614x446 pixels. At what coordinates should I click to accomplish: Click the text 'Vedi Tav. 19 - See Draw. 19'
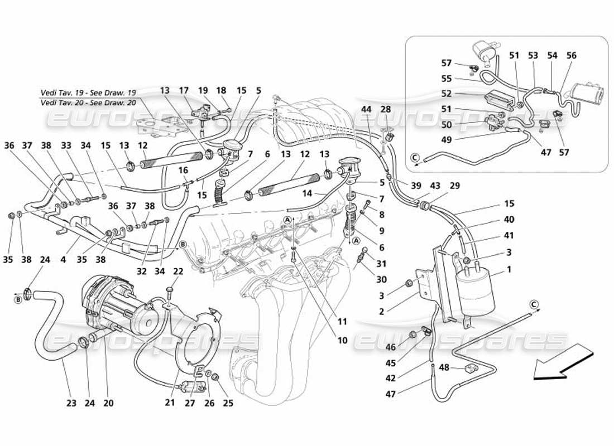pos(88,93)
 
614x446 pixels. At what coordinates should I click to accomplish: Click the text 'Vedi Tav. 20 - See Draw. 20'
pos(88,103)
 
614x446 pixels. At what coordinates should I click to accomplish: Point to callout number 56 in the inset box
pos(572,56)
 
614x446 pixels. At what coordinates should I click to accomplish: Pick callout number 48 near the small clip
pos(444,367)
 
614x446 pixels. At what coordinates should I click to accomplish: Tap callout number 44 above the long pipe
pos(366,109)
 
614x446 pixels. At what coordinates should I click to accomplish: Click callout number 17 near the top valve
pos(184,90)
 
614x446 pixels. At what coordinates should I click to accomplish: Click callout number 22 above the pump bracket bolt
pos(178,272)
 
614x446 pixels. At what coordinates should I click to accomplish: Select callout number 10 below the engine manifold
pos(342,340)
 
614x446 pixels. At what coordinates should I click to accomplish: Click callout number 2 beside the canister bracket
pos(381,312)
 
